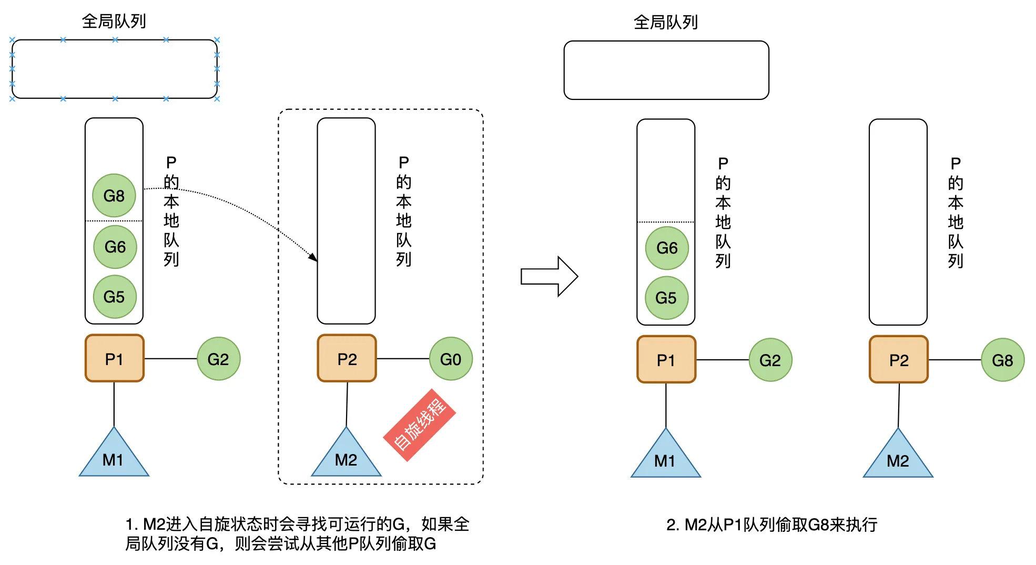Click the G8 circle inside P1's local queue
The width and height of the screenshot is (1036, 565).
[114, 196]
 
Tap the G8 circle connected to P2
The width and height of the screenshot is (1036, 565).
[1002, 360]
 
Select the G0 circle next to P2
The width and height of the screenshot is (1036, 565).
[451, 359]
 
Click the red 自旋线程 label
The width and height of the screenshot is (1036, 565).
[419, 425]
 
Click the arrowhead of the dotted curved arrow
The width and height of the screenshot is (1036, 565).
[313, 257]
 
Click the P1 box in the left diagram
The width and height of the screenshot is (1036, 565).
[114, 358]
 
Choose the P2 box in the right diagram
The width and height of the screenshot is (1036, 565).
[898, 360]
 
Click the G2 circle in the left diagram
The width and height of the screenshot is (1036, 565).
[218, 359]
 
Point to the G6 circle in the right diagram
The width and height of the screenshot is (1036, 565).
[666, 248]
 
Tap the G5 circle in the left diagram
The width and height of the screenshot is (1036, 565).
[114, 297]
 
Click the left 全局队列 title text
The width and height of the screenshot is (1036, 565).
[114, 21]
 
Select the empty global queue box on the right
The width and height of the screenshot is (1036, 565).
[666, 70]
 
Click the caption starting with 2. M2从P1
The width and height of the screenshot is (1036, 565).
[771, 524]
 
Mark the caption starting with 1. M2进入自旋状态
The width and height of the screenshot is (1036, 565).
[297, 533]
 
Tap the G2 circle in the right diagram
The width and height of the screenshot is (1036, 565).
[770, 360]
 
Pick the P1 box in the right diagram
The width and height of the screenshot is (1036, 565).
[666, 360]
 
